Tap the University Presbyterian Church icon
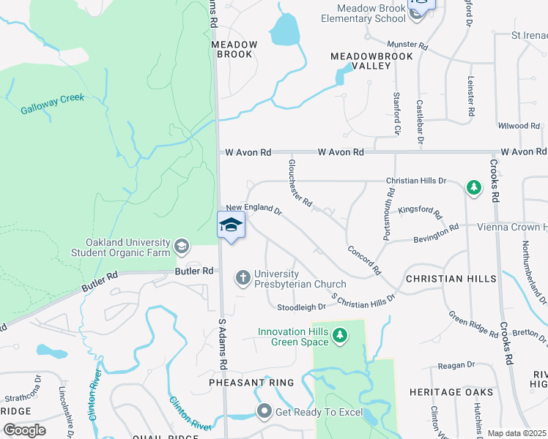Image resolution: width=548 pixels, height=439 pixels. tap(242, 277)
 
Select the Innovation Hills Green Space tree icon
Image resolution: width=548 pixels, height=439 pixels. tap(338, 336)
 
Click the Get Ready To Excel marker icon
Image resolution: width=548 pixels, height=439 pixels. tap(264, 411)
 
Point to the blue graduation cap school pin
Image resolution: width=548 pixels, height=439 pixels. tap(232, 225)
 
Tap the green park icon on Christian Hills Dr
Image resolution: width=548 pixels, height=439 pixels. tap(474, 189)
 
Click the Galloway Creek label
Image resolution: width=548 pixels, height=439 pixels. tap(52, 103)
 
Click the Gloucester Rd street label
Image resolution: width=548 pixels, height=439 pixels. tap(300, 183)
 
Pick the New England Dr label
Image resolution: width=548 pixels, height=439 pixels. tap(253, 210)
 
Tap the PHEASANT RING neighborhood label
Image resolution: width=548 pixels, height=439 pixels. tap(251, 383)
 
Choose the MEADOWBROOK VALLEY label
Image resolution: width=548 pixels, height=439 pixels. tap(371, 61)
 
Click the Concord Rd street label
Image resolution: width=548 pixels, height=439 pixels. tap(364, 260)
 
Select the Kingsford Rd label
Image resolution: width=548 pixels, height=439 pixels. tap(421, 212)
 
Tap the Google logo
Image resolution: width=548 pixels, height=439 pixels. tap(24, 429)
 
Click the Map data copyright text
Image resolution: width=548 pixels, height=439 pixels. tap(516, 433)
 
